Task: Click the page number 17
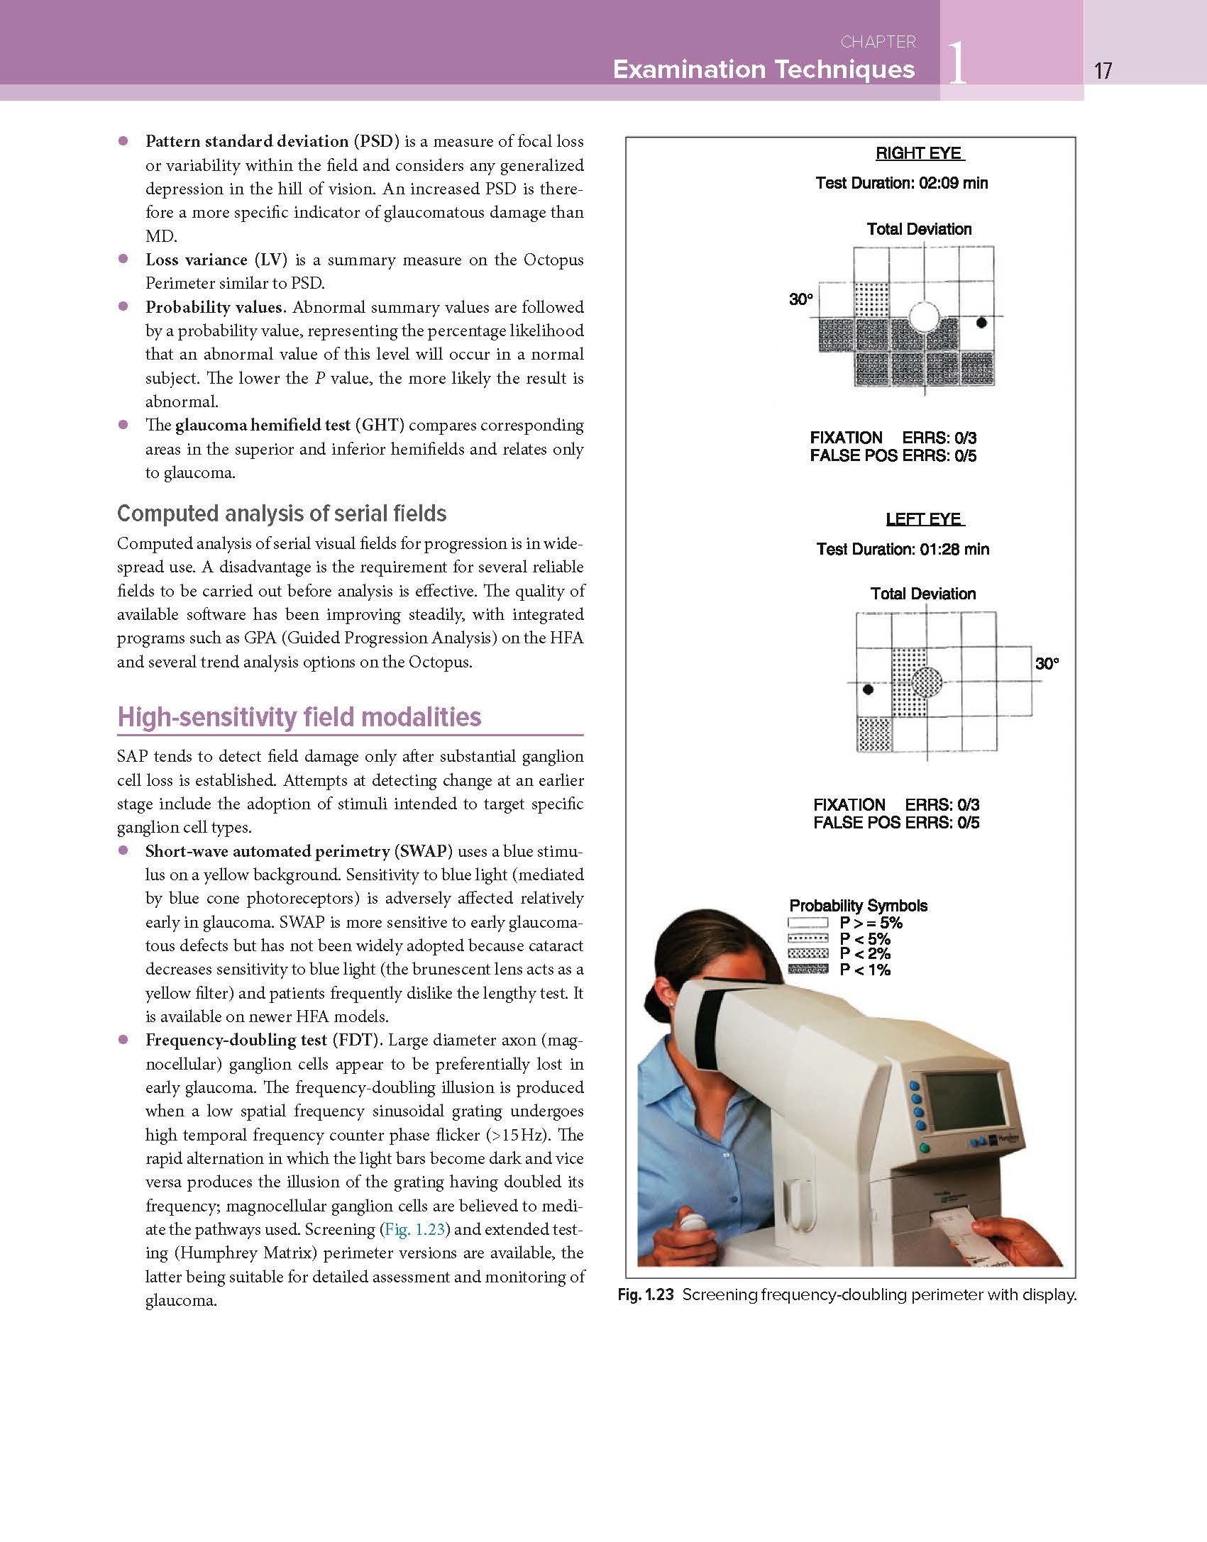tap(1103, 70)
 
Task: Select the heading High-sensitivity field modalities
tap(299, 717)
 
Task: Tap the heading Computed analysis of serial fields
tap(282, 514)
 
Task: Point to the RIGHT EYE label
tap(919, 153)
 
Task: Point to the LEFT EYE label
tap(924, 519)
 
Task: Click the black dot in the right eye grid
tap(981, 323)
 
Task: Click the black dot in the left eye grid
tap(868, 689)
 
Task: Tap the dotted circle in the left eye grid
tap(927, 682)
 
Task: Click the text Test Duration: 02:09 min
tap(901, 183)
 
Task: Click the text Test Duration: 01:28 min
tap(903, 549)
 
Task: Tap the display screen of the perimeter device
tap(966, 1102)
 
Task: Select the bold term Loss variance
tap(197, 260)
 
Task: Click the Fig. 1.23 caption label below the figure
tap(645, 1294)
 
